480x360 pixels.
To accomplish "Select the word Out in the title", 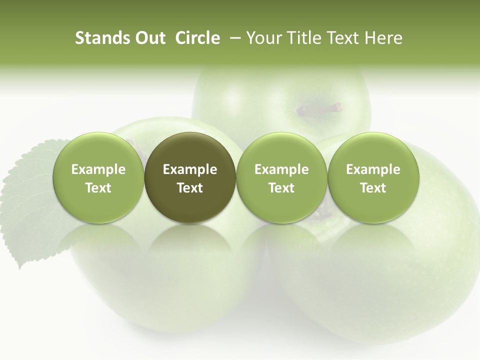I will [x=148, y=38].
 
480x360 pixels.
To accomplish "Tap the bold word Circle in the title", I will [x=197, y=38].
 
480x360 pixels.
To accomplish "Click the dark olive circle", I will [x=190, y=177].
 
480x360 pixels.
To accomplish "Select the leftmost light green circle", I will [x=98, y=177].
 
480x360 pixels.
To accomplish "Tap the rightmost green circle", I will [x=373, y=177].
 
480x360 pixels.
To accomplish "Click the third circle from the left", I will [x=281, y=177].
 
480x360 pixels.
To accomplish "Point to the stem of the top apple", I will [x=320, y=109].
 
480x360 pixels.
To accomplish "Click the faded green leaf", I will [x=30, y=200].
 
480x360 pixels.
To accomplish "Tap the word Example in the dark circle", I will [x=190, y=169].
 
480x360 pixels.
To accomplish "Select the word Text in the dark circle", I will [x=190, y=188].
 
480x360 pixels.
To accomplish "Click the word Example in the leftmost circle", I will [x=98, y=169].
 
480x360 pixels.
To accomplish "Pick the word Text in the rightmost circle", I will [x=373, y=188].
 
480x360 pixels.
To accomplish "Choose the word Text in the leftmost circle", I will [x=98, y=188].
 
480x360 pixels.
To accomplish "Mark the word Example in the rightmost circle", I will [x=373, y=169].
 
